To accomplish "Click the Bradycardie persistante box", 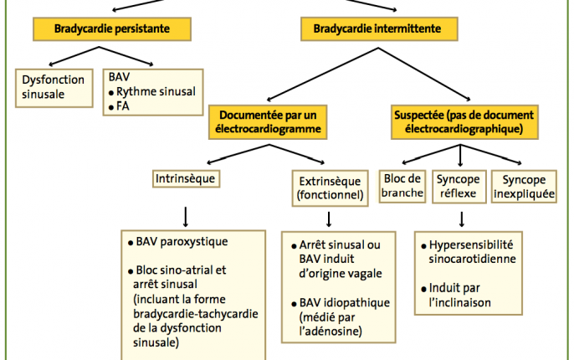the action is pyautogui.click(x=112, y=29).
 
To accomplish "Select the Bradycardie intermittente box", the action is pyautogui.click(x=379, y=29).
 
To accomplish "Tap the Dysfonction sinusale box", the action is pyautogui.click(x=54, y=88).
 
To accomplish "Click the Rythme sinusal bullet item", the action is pyautogui.click(x=152, y=91).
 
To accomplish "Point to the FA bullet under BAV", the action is pyautogui.click(x=119, y=106).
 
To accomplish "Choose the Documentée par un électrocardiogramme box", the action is pyautogui.click(x=268, y=122).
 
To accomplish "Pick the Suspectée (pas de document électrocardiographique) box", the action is pyautogui.click(x=464, y=122).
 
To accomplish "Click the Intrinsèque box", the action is pyautogui.click(x=186, y=178).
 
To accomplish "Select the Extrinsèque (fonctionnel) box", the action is pyautogui.click(x=330, y=188).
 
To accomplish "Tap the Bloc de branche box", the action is pyautogui.click(x=402, y=186).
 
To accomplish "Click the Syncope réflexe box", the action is pyautogui.click(x=459, y=187).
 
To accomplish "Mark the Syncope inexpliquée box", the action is pyautogui.click(x=524, y=187).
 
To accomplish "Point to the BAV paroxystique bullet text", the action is pyautogui.click(x=178, y=242).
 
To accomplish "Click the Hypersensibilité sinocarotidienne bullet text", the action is pyautogui.click(x=469, y=252).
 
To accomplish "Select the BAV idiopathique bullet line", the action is pyautogui.click(x=341, y=303).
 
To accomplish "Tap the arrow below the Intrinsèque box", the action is pyautogui.click(x=186, y=217).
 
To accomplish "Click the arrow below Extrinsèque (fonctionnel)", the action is pyautogui.click(x=329, y=219).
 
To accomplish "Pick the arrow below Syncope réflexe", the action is pyautogui.click(x=462, y=219).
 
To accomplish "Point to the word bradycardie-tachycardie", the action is pyautogui.click(x=196, y=314).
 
